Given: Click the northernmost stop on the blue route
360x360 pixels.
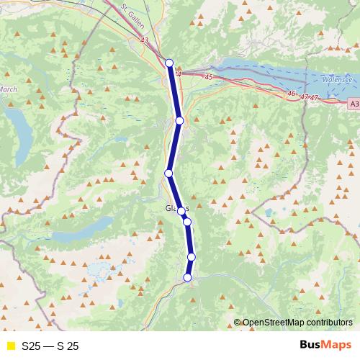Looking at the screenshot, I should [x=169, y=63].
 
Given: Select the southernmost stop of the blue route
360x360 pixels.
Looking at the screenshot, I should [x=188, y=278].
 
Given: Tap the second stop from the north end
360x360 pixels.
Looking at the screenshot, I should [x=179, y=120].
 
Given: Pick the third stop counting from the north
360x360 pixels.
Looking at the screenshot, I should [x=168, y=173].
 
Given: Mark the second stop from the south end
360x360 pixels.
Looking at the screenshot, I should [x=192, y=257].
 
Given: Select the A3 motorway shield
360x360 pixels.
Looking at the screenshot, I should [x=352, y=104].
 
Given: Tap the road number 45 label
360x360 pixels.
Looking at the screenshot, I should [x=209, y=76].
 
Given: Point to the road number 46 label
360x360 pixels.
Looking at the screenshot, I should [x=291, y=93].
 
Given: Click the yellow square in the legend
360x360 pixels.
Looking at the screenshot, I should [x=11, y=346].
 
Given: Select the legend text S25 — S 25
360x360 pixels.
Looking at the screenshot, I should [x=50, y=346].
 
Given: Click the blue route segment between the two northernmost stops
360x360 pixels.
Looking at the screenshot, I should [x=174, y=91].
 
